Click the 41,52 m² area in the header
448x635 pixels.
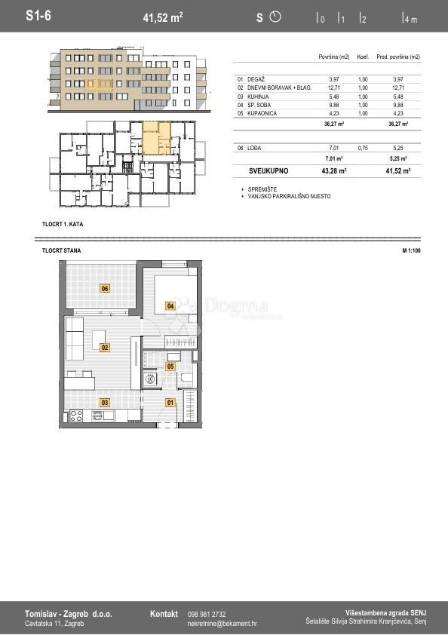click(x=163, y=17)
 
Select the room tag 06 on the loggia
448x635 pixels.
click(x=105, y=288)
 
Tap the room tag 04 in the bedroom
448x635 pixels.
click(x=170, y=305)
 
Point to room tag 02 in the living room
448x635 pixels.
click(x=105, y=347)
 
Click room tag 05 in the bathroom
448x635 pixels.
click(x=170, y=367)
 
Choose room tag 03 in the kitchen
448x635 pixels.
click(x=105, y=403)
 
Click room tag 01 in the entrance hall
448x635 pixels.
click(x=170, y=403)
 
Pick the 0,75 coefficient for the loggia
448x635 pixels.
click(x=362, y=149)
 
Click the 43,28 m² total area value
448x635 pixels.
click(x=333, y=171)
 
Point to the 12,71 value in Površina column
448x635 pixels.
click(x=334, y=87)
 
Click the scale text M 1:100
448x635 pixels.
click(x=411, y=250)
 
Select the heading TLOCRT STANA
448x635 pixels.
click(x=62, y=250)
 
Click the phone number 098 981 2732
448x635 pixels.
click(x=207, y=614)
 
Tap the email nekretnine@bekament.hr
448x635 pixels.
click(x=222, y=624)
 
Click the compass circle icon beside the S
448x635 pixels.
click(x=275, y=17)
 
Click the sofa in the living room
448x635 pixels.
click(x=75, y=339)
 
